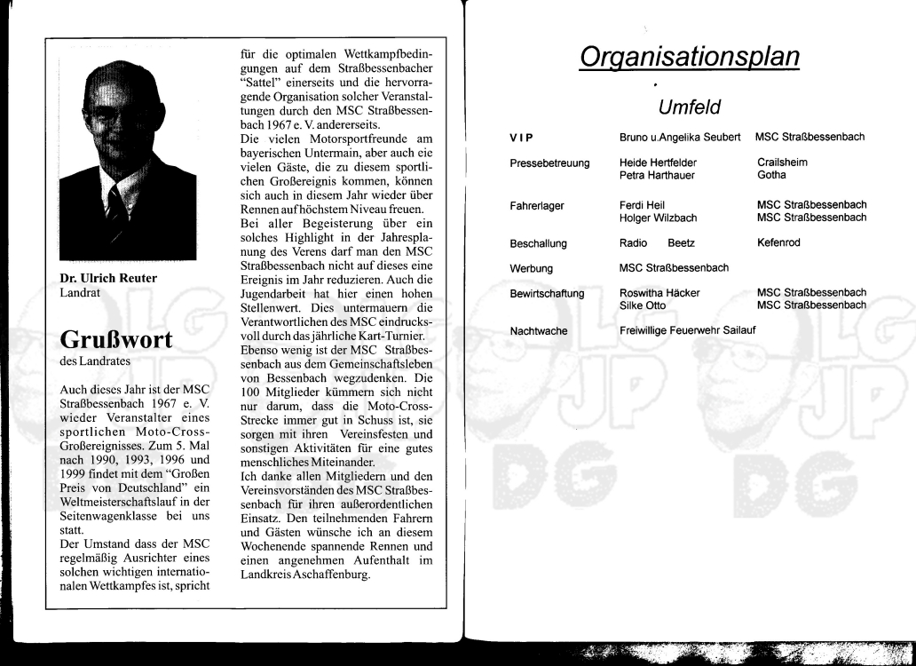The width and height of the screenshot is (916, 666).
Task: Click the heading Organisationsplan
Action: [689, 57]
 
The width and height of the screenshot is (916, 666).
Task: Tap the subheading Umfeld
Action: [689, 107]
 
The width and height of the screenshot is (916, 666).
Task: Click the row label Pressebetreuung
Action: [549, 163]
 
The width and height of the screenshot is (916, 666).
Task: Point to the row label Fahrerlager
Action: [537, 206]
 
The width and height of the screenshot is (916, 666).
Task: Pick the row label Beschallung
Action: [538, 243]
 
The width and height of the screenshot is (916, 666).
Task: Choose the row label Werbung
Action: [531, 268]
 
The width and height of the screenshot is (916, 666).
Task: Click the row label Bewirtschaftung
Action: [547, 293]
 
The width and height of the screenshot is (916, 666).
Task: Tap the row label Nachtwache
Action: [538, 331]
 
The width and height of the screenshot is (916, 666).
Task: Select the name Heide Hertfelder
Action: [658, 163]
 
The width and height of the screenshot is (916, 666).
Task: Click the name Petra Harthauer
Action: [658, 176]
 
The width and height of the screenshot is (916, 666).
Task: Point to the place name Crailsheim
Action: [782, 163]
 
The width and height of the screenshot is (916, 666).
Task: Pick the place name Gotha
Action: [771, 176]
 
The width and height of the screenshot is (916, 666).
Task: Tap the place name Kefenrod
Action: [778, 243]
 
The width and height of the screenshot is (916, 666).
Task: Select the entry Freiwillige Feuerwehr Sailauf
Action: [688, 331]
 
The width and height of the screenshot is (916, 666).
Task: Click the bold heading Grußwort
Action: [115, 340]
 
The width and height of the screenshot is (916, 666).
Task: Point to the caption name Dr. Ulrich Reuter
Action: [107, 278]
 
